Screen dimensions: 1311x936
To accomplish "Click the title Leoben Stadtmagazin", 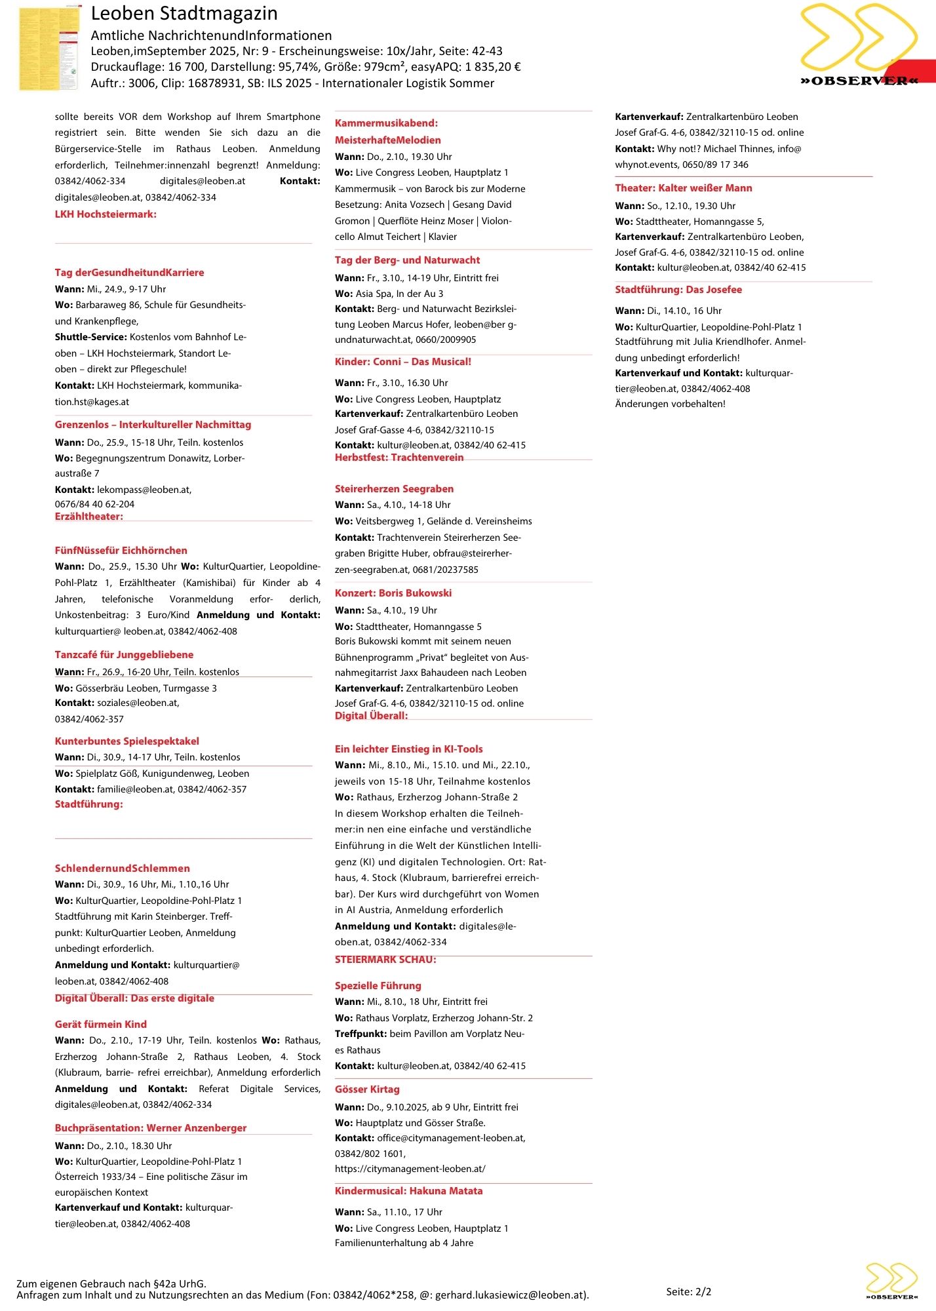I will [x=184, y=14].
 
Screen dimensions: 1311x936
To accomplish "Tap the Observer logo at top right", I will [x=859, y=46].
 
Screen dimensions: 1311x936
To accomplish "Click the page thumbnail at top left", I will [x=49, y=49].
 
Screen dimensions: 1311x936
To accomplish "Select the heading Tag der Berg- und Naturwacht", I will [x=407, y=260].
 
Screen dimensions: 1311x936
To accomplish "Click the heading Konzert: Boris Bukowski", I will [x=393, y=593].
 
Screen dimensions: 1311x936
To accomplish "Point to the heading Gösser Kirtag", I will [x=367, y=1089].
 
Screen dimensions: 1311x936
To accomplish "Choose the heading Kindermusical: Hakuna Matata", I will [x=408, y=1191].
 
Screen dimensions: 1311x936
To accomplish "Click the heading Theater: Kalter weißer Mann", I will [x=683, y=188].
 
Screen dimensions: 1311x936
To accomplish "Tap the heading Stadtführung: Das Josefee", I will [x=678, y=290].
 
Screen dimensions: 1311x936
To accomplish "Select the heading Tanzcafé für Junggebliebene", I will [x=124, y=655].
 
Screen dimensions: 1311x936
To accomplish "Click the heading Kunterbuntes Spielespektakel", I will [x=127, y=741].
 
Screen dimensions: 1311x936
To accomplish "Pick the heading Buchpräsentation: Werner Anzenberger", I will [x=151, y=1128].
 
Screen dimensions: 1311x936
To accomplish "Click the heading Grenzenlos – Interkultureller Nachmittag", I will [x=153, y=425].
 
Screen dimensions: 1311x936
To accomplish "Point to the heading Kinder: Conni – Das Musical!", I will [x=402, y=362].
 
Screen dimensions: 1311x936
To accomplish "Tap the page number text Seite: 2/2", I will [x=688, y=1292].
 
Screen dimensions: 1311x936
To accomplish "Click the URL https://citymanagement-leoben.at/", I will [x=410, y=1169].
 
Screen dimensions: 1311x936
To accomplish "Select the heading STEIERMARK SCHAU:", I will [x=385, y=960].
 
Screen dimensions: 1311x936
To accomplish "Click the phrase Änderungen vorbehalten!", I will [x=670, y=404].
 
